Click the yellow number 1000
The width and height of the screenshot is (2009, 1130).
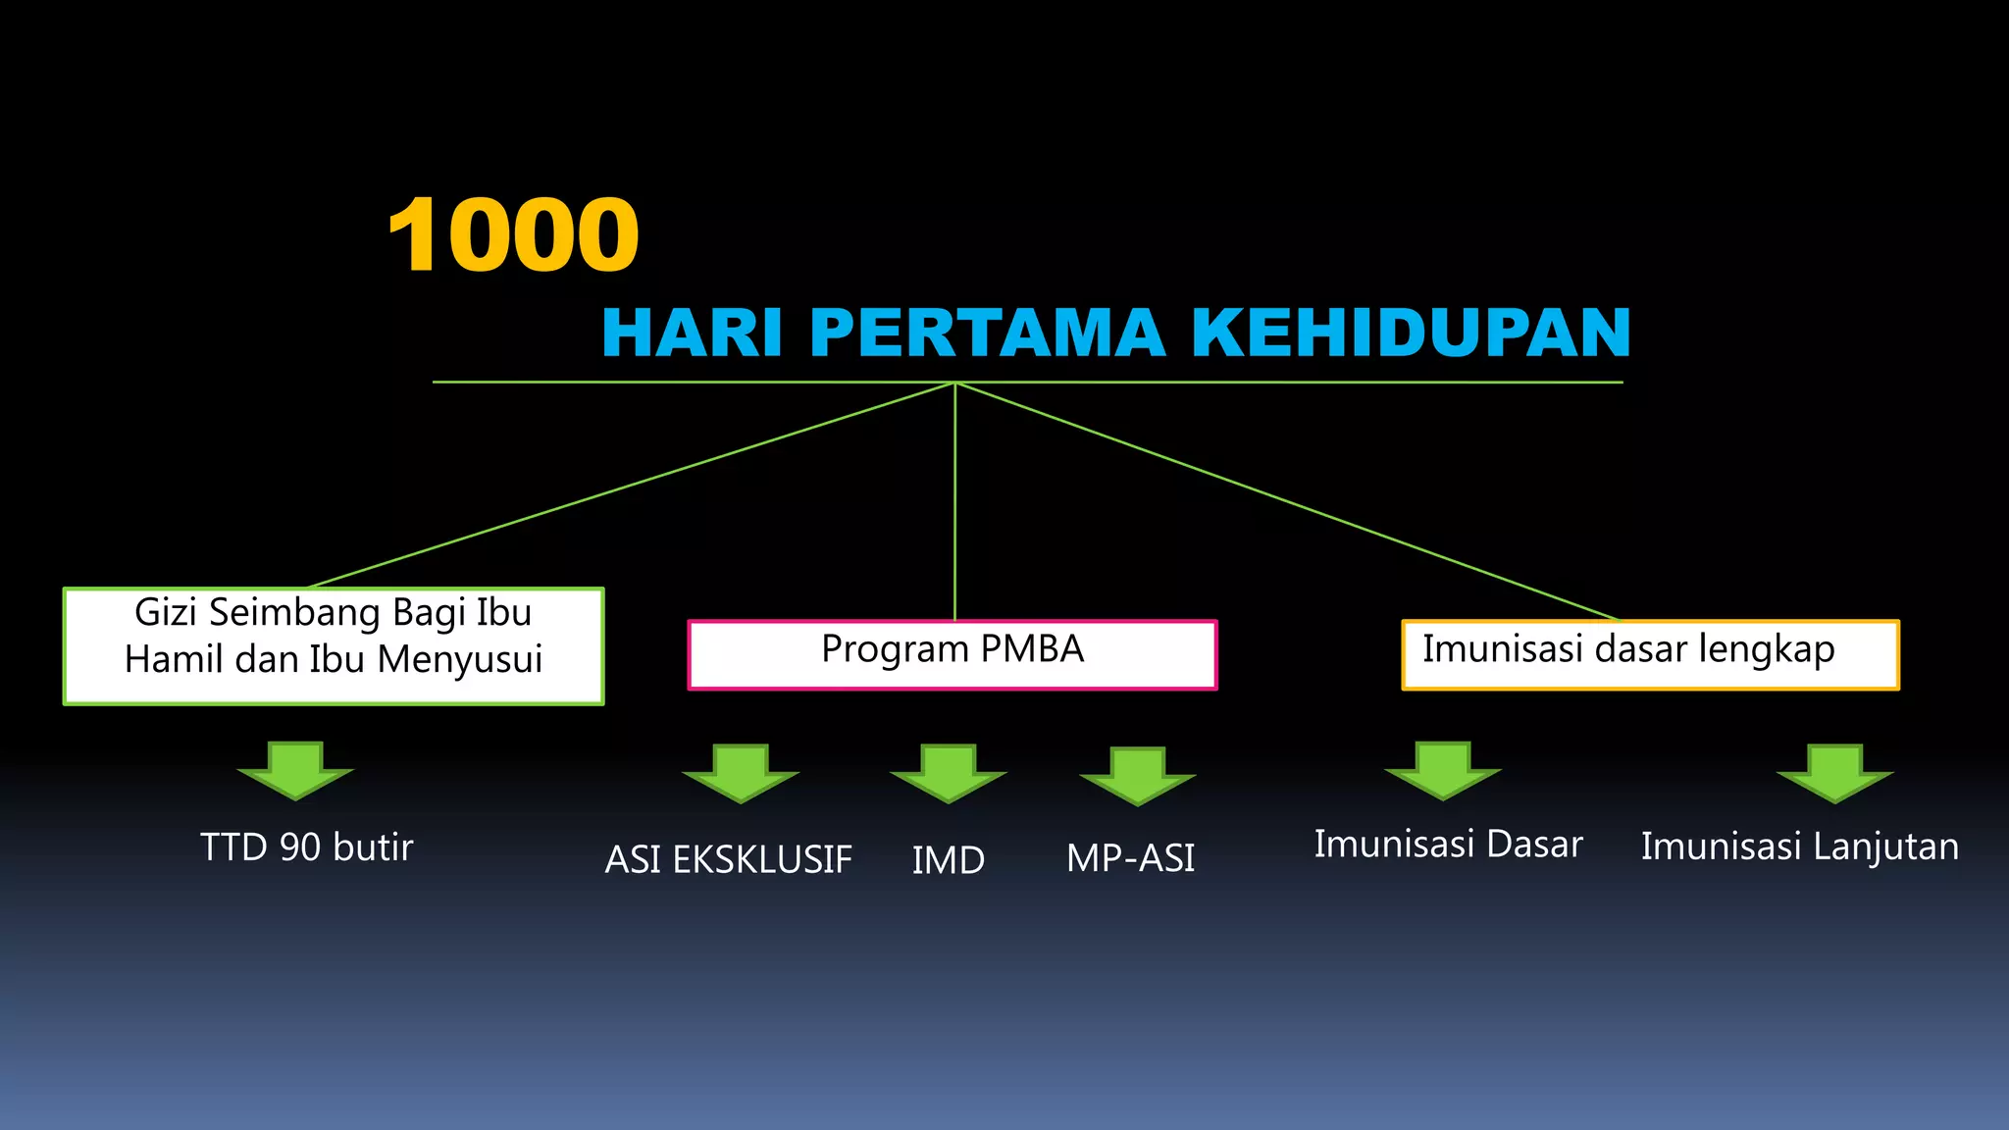[513, 235]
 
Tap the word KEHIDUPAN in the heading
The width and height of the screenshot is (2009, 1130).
[1411, 333]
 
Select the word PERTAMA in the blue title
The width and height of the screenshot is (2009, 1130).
[987, 333]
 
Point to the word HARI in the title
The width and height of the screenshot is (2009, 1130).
[692, 333]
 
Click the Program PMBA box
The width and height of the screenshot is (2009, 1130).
[953, 654]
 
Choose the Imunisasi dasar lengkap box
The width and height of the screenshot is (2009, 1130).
[1650, 654]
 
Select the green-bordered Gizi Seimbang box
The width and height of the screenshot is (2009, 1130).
[334, 645]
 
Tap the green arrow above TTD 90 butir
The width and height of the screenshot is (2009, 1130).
[295, 769]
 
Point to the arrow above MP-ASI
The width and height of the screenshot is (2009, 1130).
[1138, 775]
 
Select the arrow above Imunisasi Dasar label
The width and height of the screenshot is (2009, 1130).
[1443, 770]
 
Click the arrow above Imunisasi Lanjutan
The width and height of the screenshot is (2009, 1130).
[1834, 772]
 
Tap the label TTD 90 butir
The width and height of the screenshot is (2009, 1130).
[307, 847]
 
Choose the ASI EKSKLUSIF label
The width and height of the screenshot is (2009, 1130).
[728, 860]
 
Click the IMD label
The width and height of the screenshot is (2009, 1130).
[949, 860]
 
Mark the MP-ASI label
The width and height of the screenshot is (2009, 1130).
[1131, 859]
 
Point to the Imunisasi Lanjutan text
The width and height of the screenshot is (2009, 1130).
[1800, 847]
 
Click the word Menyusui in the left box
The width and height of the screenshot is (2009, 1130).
[460, 660]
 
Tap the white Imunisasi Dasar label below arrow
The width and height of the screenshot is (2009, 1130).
[1449, 845]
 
